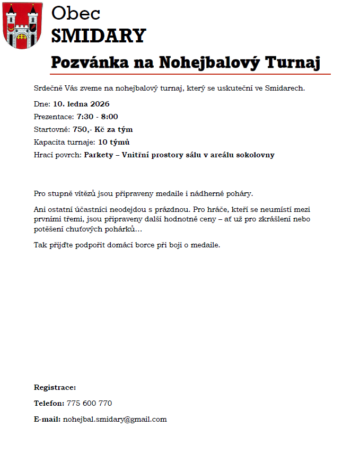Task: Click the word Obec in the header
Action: [x=76, y=13]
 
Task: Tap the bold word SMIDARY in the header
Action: [x=98, y=35]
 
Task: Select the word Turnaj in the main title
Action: [x=293, y=62]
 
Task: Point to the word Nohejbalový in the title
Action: [x=209, y=62]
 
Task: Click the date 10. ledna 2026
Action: [x=81, y=104]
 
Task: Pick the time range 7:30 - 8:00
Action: [x=98, y=117]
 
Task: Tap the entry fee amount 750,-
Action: [x=82, y=129]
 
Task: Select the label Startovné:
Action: [x=52, y=129]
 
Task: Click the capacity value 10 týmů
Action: [x=114, y=142]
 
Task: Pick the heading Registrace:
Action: [x=55, y=387]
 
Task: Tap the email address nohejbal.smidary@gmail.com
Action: [x=115, y=419]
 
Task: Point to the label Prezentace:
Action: [x=54, y=117]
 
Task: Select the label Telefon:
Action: [x=49, y=403]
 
